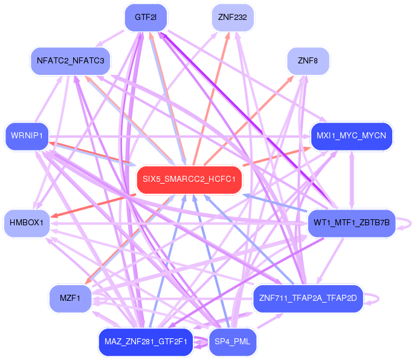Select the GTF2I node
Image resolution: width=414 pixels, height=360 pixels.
(x=146, y=18)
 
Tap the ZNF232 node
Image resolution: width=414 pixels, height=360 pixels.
(x=233, y=18)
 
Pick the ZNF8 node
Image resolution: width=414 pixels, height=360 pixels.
(x=308, y=61)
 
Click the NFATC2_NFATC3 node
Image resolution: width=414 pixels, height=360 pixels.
(x=70, y=61)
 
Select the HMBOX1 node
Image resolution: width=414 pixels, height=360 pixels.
(x=26, y=223)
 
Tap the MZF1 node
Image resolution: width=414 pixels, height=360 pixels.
(x=70, y=297)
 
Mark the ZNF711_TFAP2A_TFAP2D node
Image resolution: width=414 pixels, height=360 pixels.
(x=308, y=298)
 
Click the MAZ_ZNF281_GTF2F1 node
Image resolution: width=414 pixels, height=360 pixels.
(x=146, y=341)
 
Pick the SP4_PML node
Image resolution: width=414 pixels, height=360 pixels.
(x=233, y=341)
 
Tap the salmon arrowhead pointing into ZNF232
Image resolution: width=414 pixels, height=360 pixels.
(x=228, y=34)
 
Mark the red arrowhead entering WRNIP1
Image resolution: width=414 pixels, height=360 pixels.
(x=53, y=143)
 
